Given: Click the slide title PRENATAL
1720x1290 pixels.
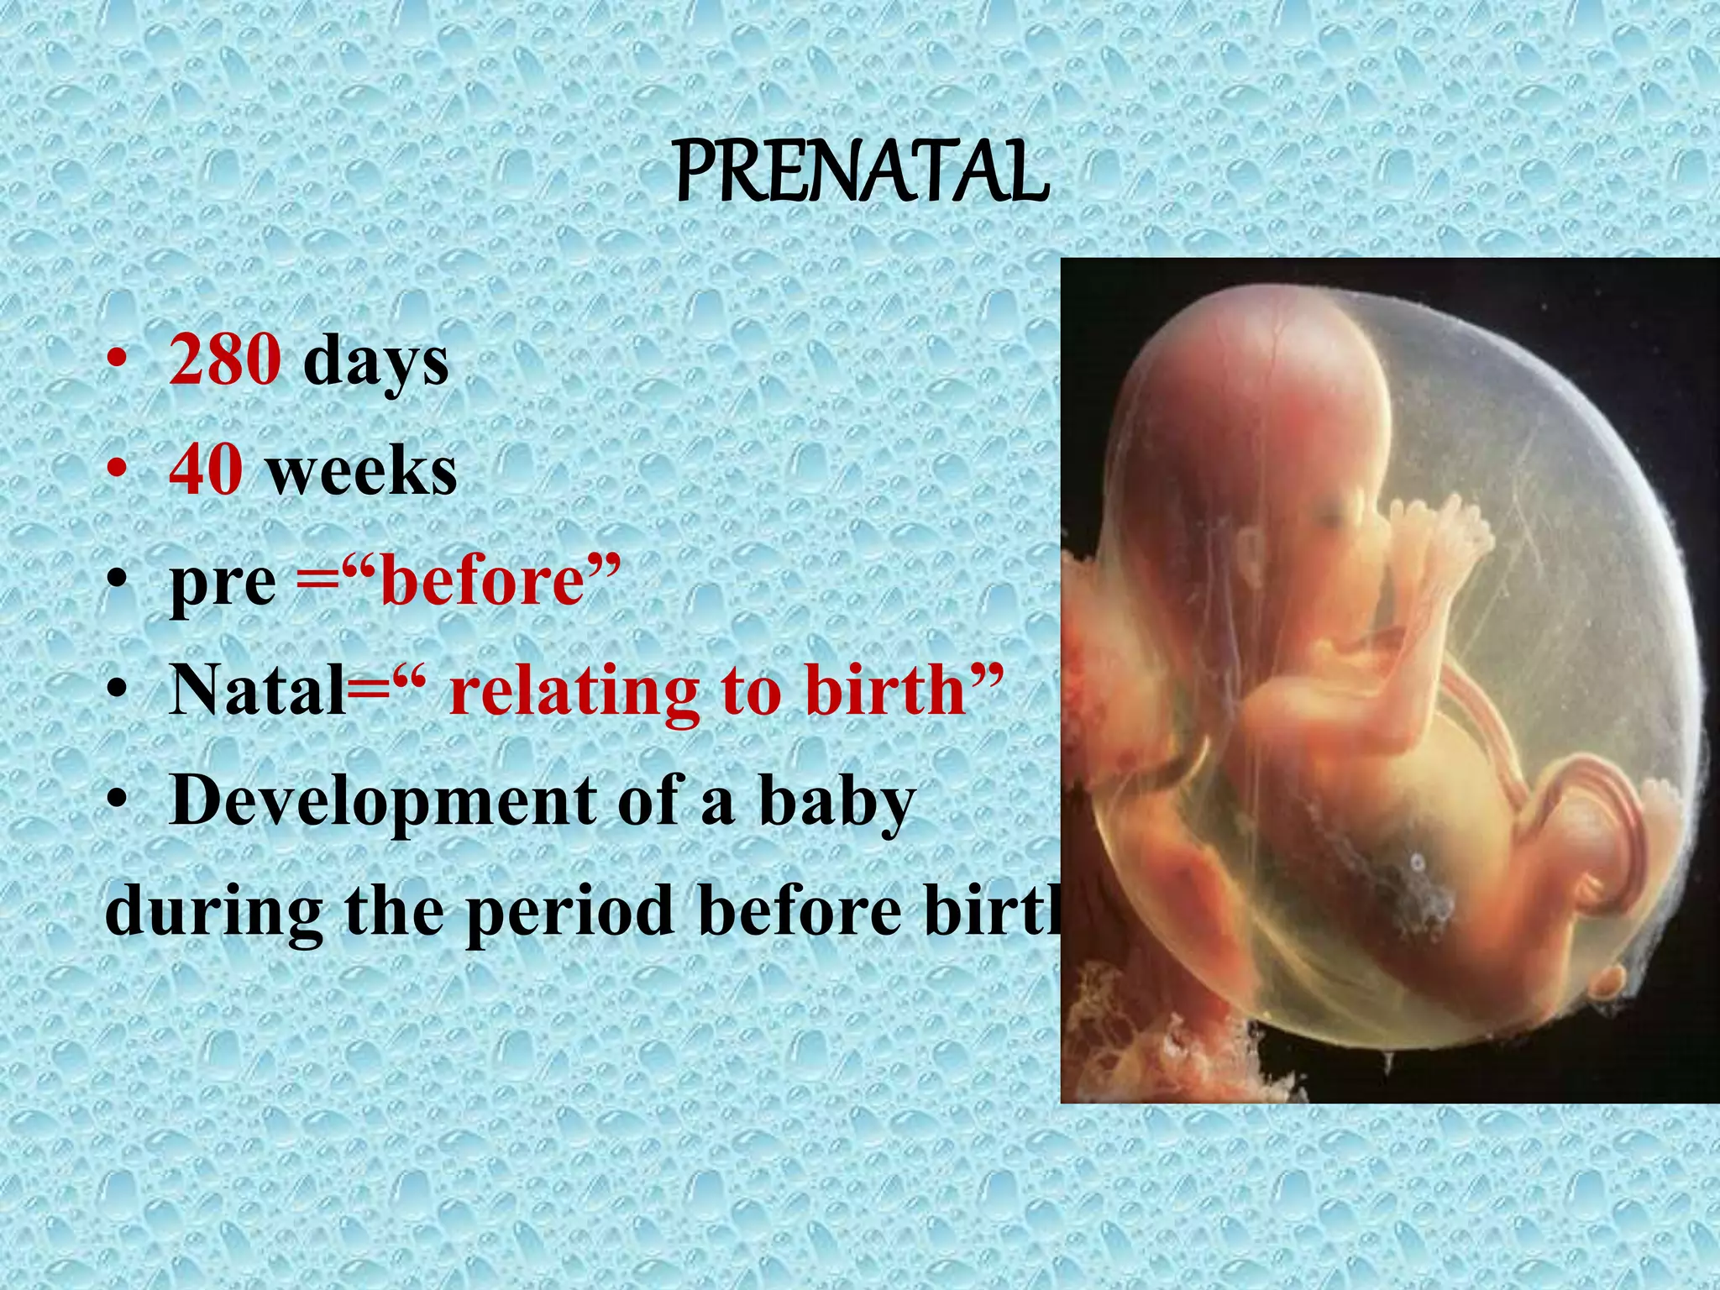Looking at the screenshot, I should coord(862,175).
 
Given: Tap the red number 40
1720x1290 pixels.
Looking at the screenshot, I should coord(207,470).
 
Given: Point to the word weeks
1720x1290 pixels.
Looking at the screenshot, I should coord(362,472).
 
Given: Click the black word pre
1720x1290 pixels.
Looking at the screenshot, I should coord(223,583).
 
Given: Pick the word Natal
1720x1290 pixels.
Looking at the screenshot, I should coord(257,690).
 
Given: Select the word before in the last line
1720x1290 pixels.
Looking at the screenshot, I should coord(806,911).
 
